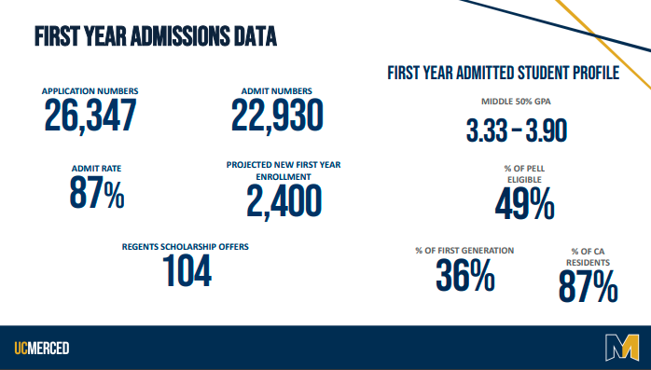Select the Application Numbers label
tap(90, 90)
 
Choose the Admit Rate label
tap(97, 168)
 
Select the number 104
tap(187, 271)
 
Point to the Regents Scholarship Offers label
tap(186, 247)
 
